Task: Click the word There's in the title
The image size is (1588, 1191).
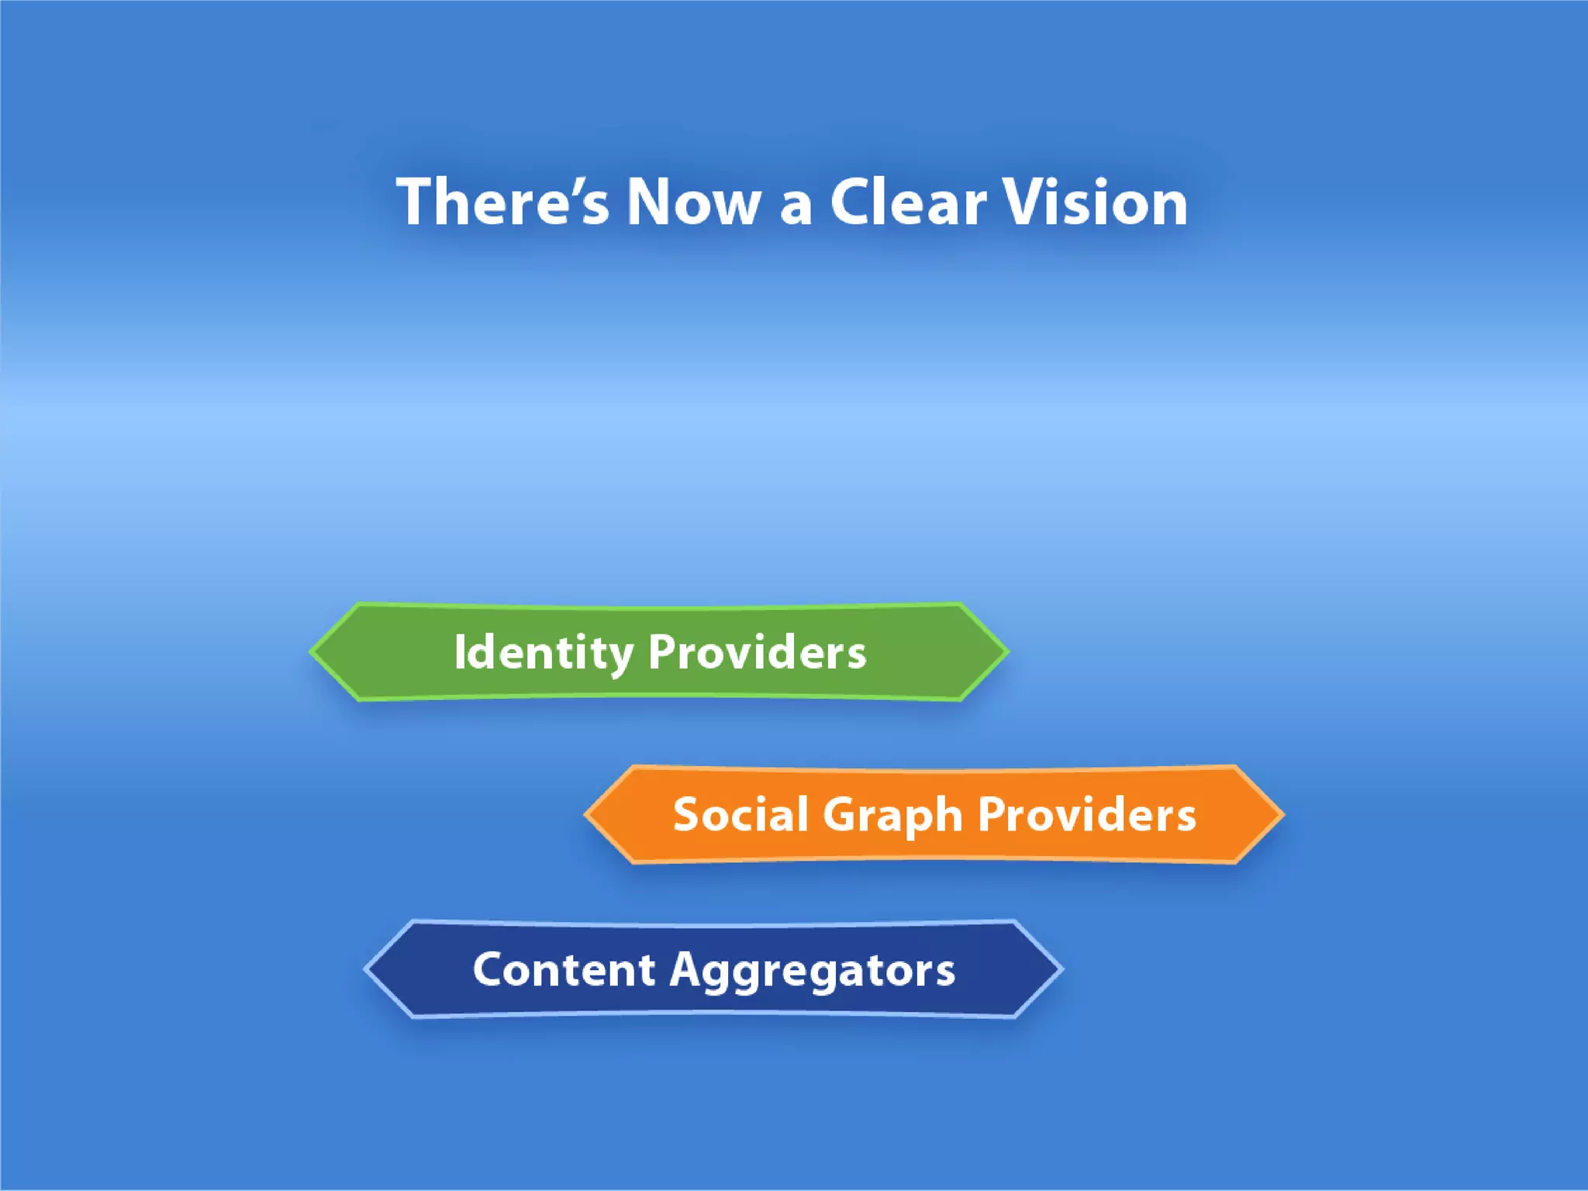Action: click(502, 202)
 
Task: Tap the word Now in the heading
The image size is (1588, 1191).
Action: click(693, 202)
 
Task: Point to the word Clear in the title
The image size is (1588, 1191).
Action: click(908, 202)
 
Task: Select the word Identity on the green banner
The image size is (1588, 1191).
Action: click(544, 652)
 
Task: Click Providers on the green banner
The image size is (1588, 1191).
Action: click(757, 652)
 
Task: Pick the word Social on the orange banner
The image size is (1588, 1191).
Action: click(740, 815)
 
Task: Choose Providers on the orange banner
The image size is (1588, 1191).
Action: click(1086, 815)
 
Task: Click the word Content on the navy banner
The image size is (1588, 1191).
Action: click(564, 970)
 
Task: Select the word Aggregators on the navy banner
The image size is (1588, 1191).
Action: click(812, 972)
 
